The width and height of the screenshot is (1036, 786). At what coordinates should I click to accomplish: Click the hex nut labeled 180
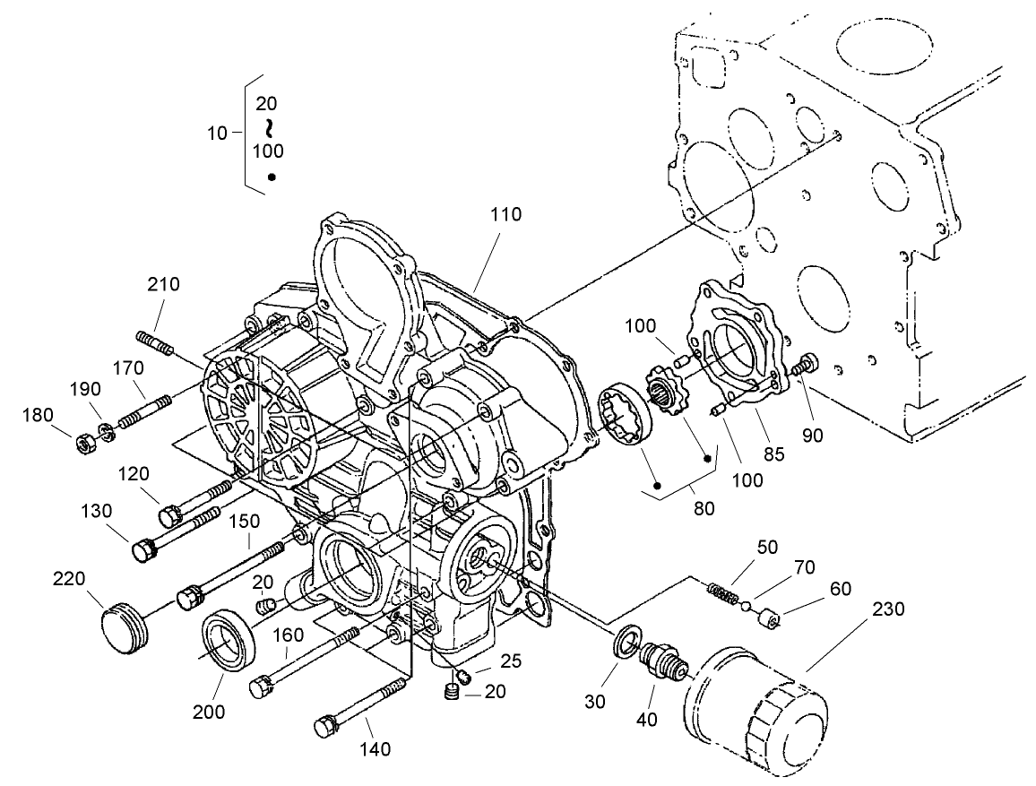(83, 441)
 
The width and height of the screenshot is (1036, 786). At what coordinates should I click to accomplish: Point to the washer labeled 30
(626, 643)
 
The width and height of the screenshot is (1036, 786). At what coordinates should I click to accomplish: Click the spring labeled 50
(721, 593)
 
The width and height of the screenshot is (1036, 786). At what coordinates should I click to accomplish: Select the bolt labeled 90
(806, 366)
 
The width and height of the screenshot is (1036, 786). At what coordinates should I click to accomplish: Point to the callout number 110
(505, 215)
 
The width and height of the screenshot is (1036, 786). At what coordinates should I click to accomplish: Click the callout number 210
(164, 285)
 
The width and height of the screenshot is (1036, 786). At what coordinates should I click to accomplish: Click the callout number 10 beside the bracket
(217, 134)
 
